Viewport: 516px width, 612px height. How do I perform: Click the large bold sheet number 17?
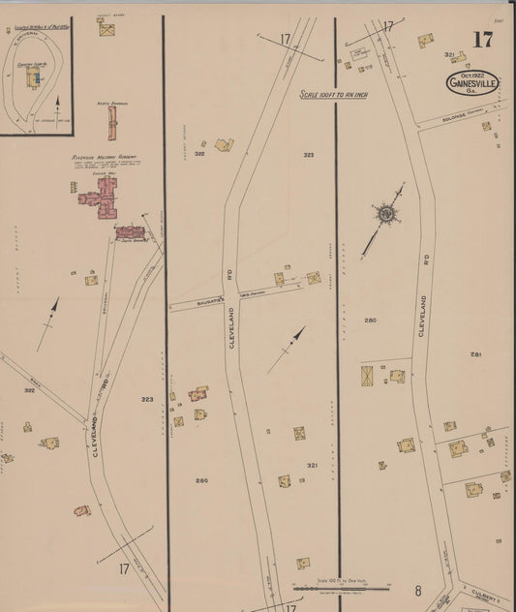click(482, 40)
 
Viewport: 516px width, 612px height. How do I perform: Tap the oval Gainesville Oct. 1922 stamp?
click(472, 82)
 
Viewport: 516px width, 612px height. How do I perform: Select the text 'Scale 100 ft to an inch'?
click(332, 96)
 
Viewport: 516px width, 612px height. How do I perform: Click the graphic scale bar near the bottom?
click(340, 587)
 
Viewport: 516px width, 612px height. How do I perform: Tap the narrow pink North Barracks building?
click(112, 123)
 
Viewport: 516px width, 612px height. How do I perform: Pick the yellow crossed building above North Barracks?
click(107, 27)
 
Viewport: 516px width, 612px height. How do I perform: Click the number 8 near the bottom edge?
click(418, 590)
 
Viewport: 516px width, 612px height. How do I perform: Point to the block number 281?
click(475, 355)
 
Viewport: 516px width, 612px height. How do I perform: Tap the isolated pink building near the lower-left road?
click(82, 510)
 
